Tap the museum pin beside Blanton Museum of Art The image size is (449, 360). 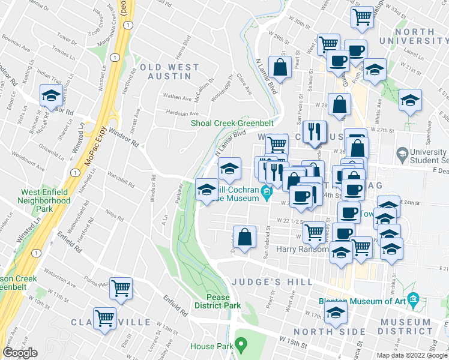coord(413,299)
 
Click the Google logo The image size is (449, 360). coord(20,353)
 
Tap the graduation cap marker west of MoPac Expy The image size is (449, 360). coord(52,96)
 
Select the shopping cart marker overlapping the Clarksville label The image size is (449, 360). coord(105,317)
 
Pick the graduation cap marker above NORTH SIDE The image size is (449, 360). coord(336,311)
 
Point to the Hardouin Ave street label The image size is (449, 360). coord(182,113)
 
